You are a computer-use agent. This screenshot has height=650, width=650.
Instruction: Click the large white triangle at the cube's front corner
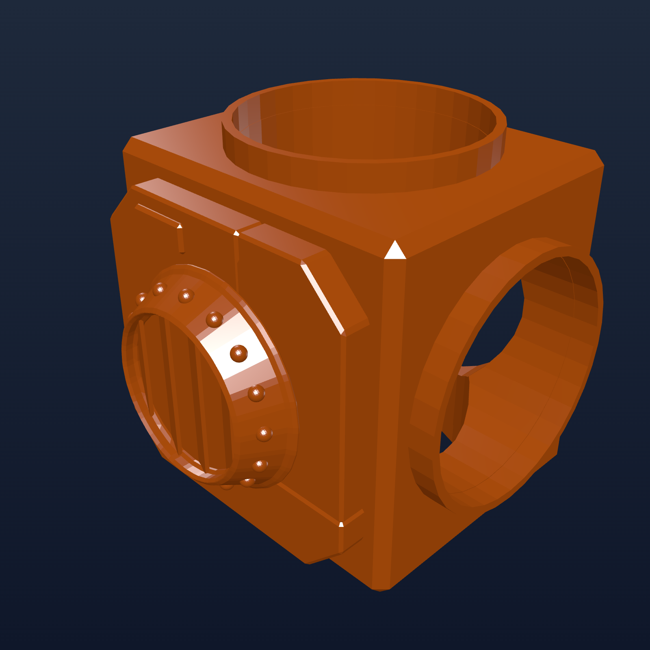pyautogui.click(x=395, y=251)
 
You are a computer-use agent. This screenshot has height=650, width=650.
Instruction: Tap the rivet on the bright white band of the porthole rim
pyautogui.click(x=239, y=353)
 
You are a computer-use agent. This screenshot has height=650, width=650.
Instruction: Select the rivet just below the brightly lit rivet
pyautogui.click(x=256, y=393)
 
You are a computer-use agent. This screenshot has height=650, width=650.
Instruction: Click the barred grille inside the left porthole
pyautogui.click(x=183, y=390)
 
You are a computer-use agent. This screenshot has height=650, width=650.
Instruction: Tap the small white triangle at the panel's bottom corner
pyautogui.click(x=341, y=524)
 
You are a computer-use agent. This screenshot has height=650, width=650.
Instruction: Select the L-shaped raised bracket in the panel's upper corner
pyautogui.click(x=162, y=219)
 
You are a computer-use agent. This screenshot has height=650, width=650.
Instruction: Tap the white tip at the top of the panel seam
pyautogui.click(x=236, y=233)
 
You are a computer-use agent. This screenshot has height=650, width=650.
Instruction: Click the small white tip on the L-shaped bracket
pyautogui.click(x=179, y=226)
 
